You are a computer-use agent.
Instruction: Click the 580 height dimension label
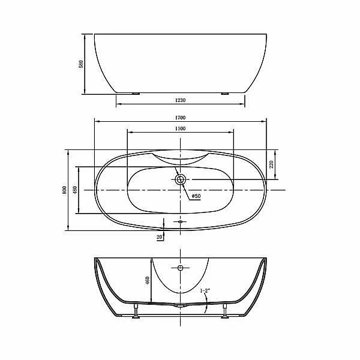click(x=81, y=64)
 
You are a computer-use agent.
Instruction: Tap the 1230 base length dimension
click(x=180, y=100)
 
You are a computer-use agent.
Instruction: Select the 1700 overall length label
click(x=180, y=118)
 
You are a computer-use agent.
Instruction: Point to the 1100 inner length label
click(x=180, y=128)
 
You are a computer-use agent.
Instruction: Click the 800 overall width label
click(x=64, y=190)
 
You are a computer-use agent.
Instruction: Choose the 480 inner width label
click(x=75, y=190)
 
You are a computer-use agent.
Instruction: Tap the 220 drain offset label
click(x=271, y=164)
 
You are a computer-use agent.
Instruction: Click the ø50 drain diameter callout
click(x=196, y=196)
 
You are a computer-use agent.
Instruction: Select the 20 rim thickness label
click(x=159, y=237)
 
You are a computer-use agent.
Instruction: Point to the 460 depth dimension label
click(x=148, y=281)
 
